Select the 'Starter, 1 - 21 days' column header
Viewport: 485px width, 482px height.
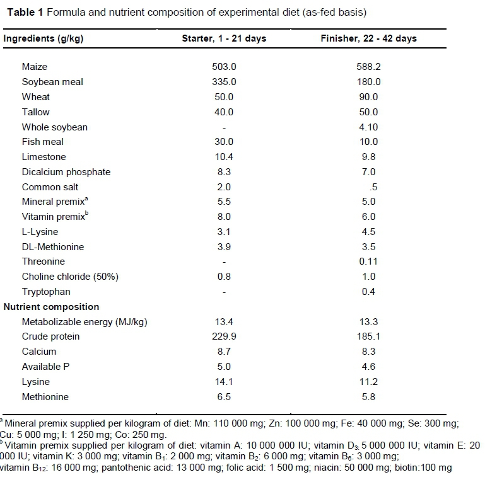point(224,38)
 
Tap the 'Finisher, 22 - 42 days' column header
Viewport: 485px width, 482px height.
point(368,38)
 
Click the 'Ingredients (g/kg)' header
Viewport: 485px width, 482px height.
point(44,38)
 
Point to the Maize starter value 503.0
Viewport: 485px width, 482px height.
point(224,67)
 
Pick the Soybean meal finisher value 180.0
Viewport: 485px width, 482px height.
point(368,82)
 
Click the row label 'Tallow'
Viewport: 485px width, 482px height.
point(35,112)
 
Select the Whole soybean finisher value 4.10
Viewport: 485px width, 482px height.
point(368,127)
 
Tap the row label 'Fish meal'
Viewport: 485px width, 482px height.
point(43,142)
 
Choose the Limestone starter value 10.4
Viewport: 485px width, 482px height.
point(224,157)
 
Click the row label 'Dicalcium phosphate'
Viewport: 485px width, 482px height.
point(66,172)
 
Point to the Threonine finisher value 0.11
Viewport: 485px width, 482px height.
point(368,261)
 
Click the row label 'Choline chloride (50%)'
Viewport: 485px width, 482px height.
point(70,277)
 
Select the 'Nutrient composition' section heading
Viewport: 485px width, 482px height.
point(52,307)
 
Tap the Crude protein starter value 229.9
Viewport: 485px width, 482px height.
point(224,336)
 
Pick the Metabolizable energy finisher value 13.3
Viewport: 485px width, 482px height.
point(368,322)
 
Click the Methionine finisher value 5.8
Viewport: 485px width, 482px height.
point(368,397)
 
